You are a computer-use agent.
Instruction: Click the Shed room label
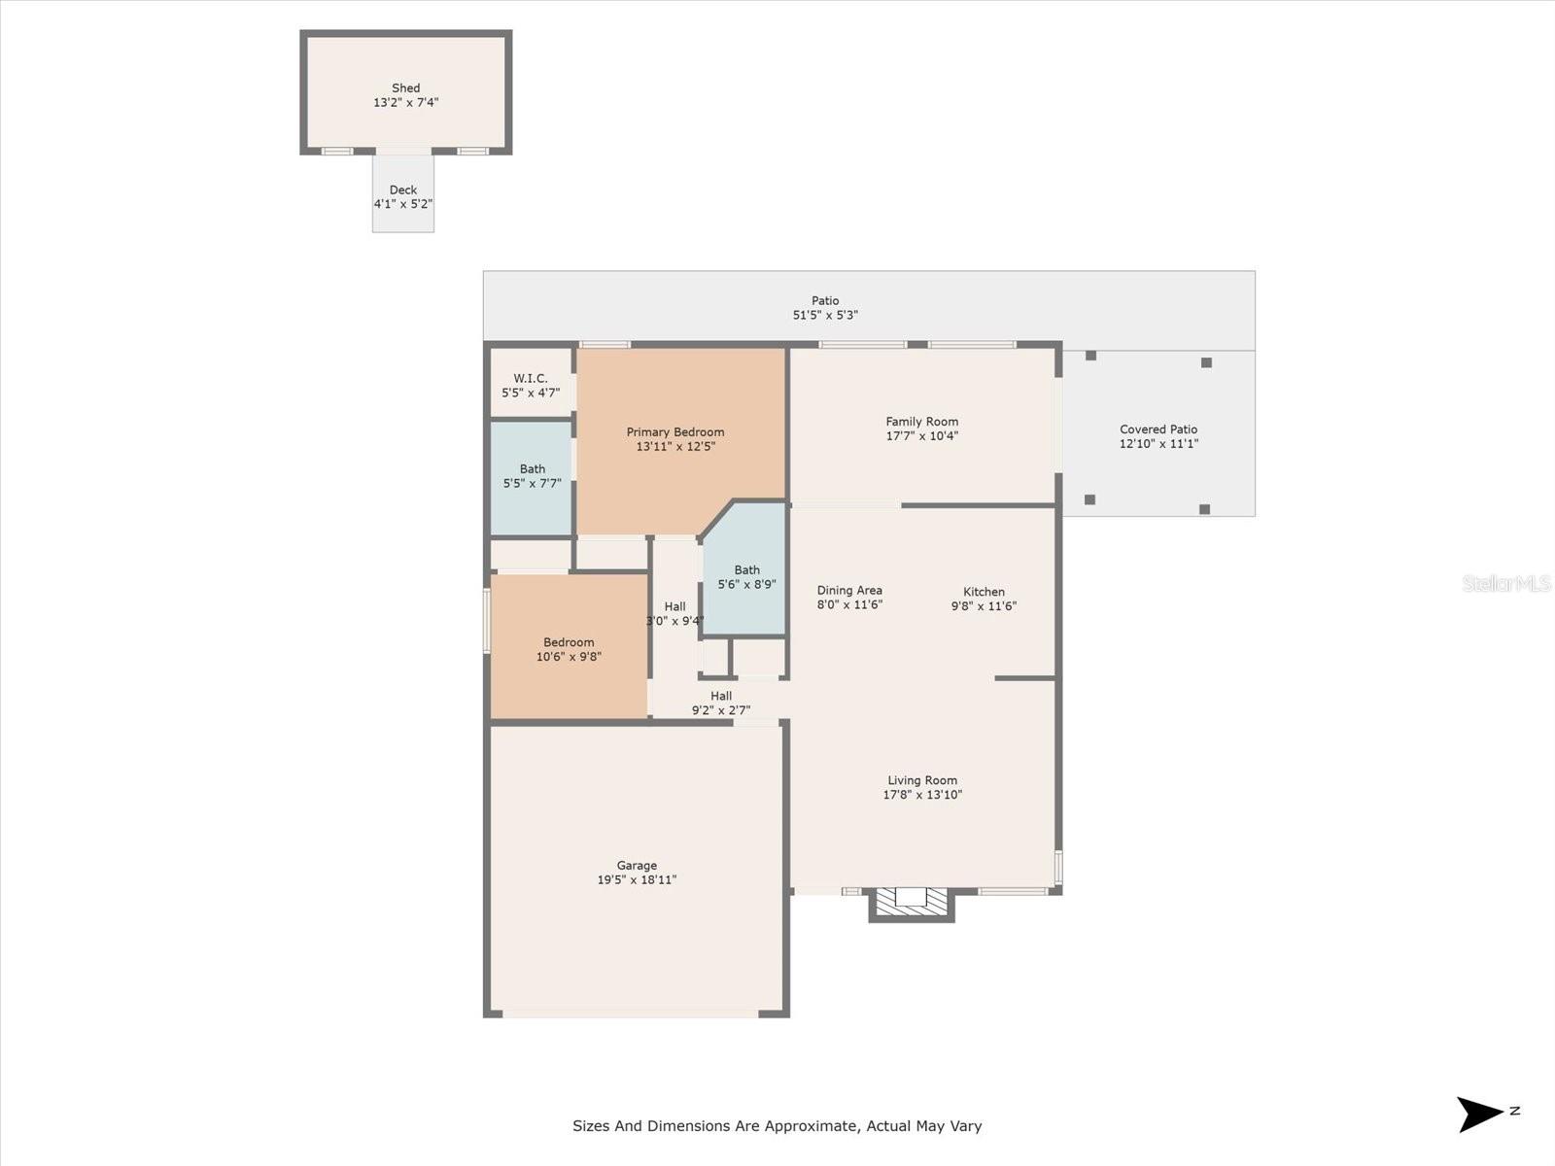click(405, 88)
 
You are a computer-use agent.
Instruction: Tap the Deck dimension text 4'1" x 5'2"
click(403, 205)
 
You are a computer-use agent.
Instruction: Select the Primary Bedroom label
click(675, 432)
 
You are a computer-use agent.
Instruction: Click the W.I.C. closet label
click(531, 379)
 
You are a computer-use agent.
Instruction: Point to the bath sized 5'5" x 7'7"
click(532, 476)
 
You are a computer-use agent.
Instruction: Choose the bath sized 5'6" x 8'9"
click(746, 577)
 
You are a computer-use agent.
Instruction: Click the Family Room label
click(921, 422)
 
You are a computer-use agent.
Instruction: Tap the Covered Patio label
click(1158, 429)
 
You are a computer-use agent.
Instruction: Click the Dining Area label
click(849, 591)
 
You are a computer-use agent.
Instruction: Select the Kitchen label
click(984, 592)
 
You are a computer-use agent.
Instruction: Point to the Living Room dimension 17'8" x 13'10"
click(922, 795)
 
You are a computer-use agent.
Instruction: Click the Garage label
click(637, 866)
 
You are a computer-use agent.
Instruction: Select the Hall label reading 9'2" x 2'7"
click(721, 703)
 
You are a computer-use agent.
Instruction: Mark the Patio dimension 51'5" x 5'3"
click(825, 316)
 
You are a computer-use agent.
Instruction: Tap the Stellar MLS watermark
click(1506, 584)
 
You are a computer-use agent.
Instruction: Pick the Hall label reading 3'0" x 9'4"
click(674, 614)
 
